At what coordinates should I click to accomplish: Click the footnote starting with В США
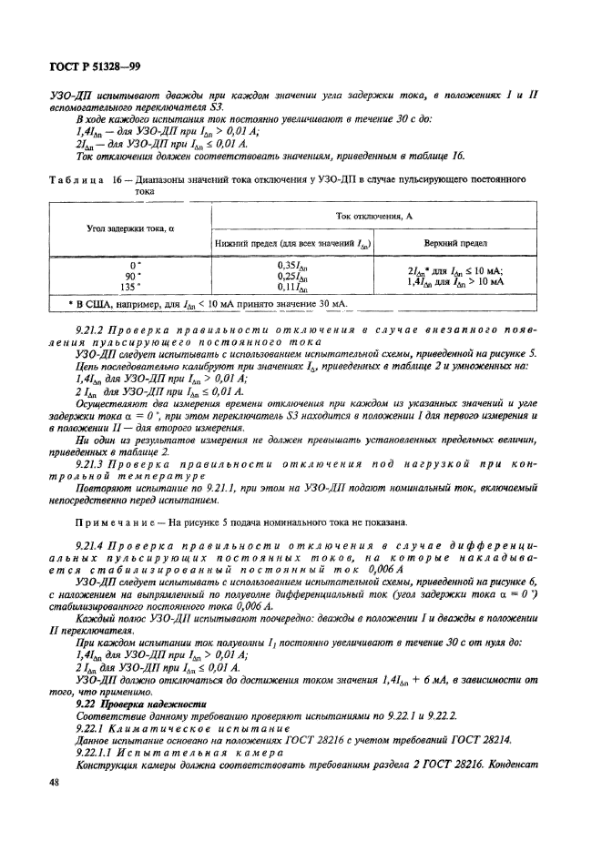pos(209,302)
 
